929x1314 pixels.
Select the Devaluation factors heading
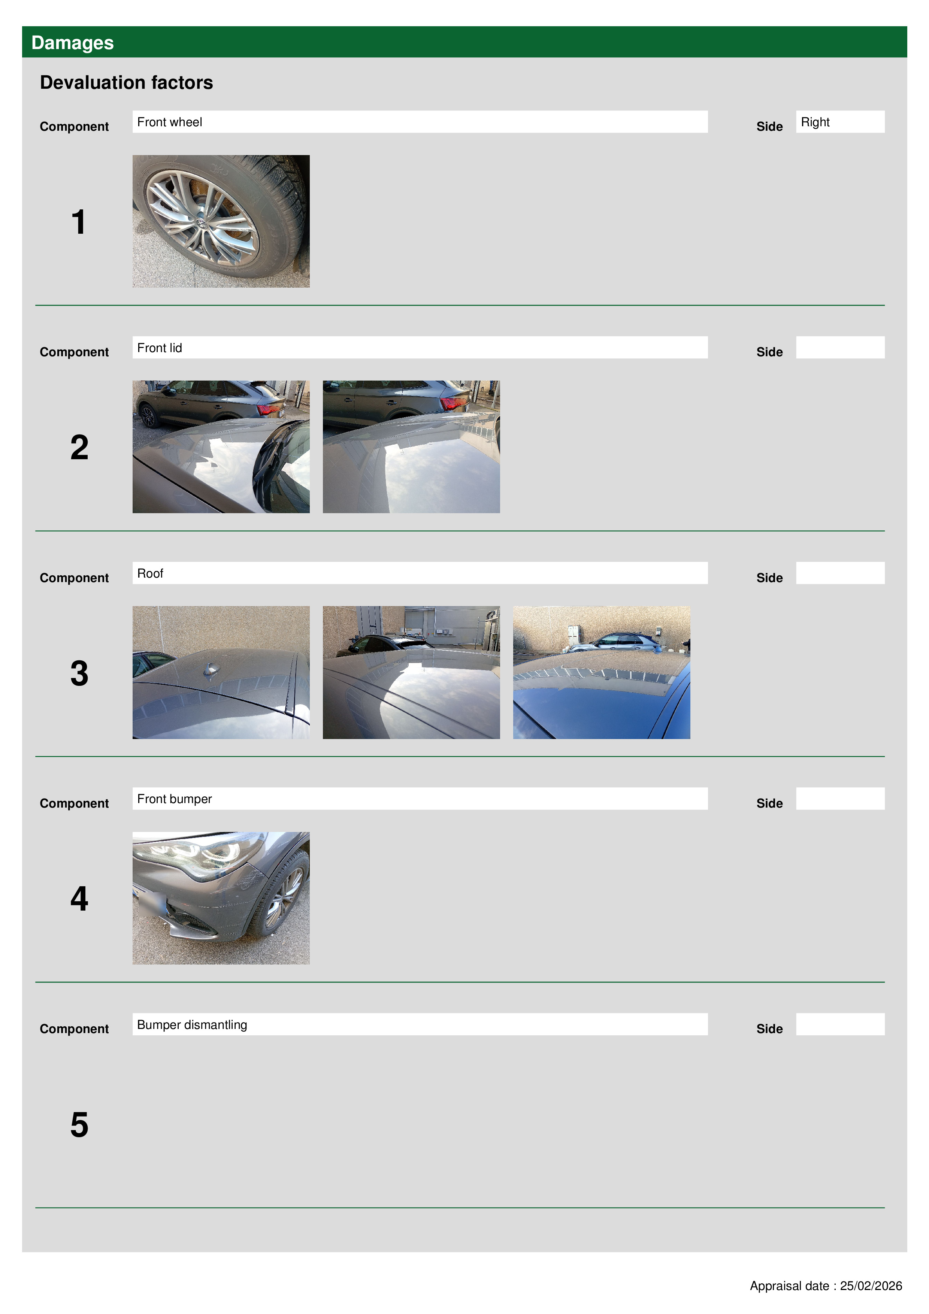127,82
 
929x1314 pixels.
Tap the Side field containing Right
840,122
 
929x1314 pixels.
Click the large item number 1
78,222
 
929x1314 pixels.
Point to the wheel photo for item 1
221,221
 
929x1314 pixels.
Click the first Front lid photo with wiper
221,446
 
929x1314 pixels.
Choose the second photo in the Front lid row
411,446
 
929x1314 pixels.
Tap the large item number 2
79,448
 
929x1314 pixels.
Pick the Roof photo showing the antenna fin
221,672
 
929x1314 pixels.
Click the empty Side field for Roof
840,573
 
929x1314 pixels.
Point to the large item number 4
79,899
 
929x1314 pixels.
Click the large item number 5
79,1124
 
